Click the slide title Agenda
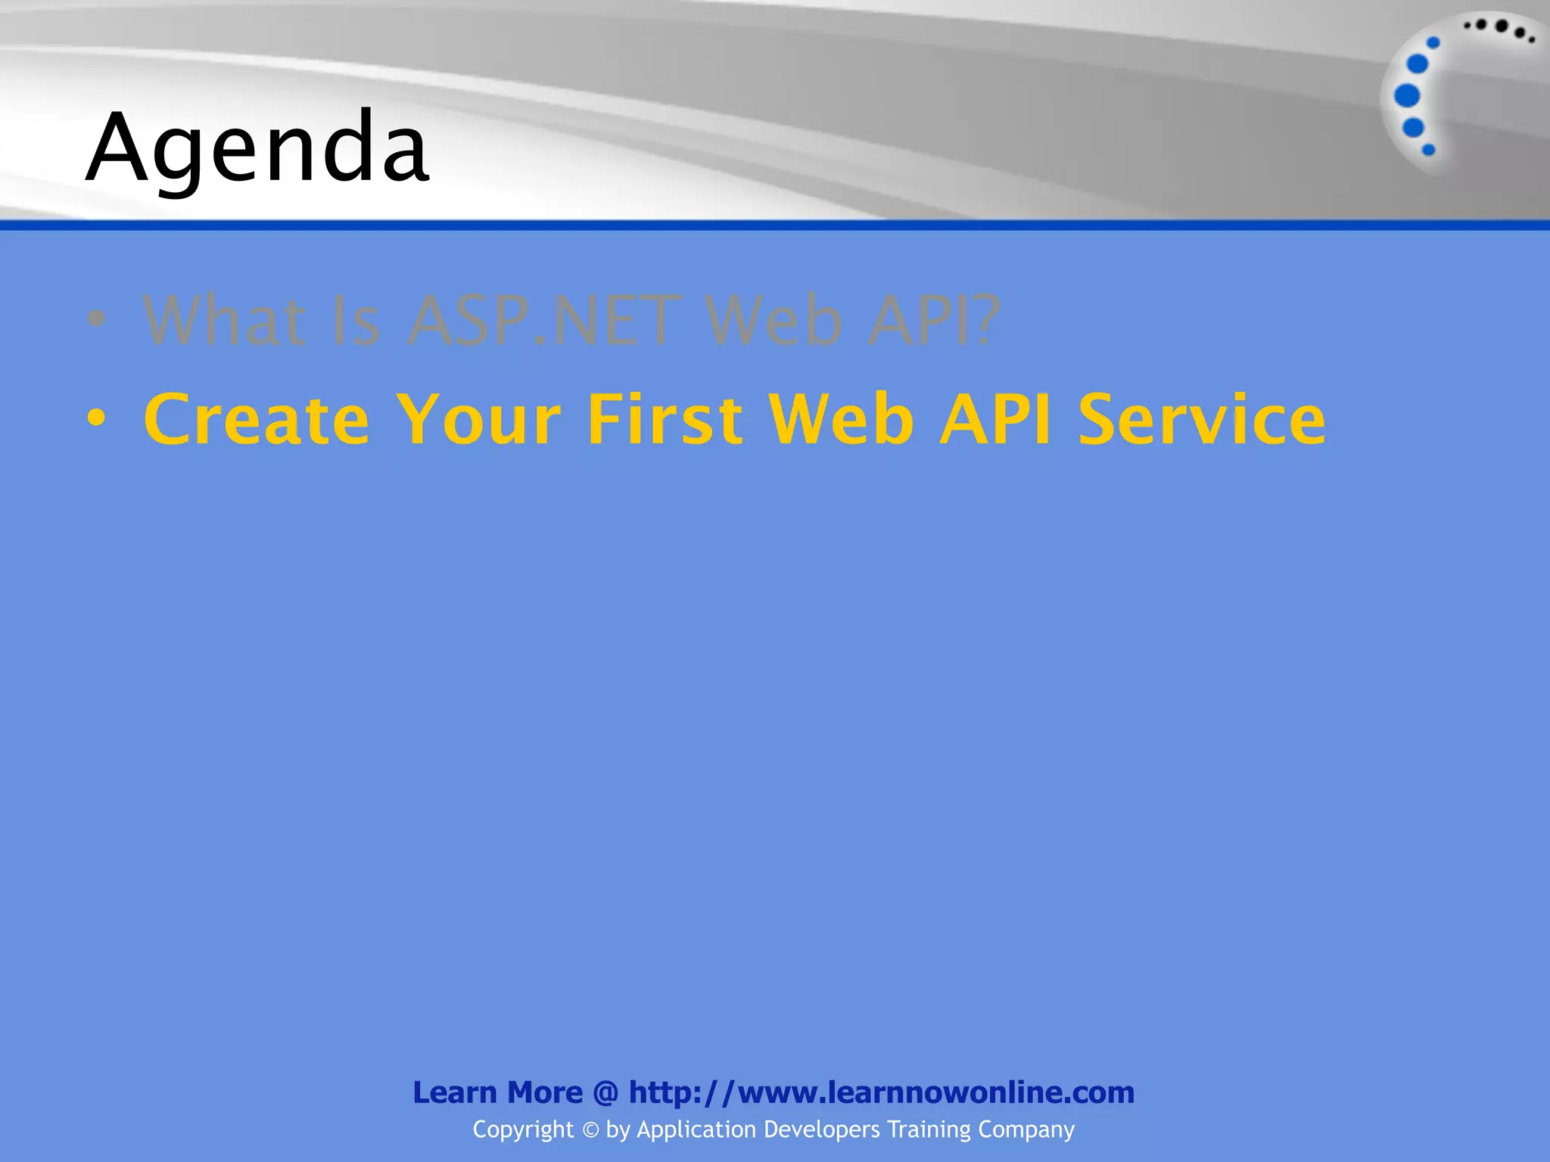(x=257, y=148)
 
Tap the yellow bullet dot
(x=96, y=418)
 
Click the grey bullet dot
(x=96, y=318)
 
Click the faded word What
(x=225, y=321)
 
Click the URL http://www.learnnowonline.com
(x=882, y=1092)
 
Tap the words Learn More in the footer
(x=497, y=1092)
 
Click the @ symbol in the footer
(x=605, y=1093)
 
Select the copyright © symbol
(x=590, y=1130)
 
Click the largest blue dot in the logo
(x=1407, y=96)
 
